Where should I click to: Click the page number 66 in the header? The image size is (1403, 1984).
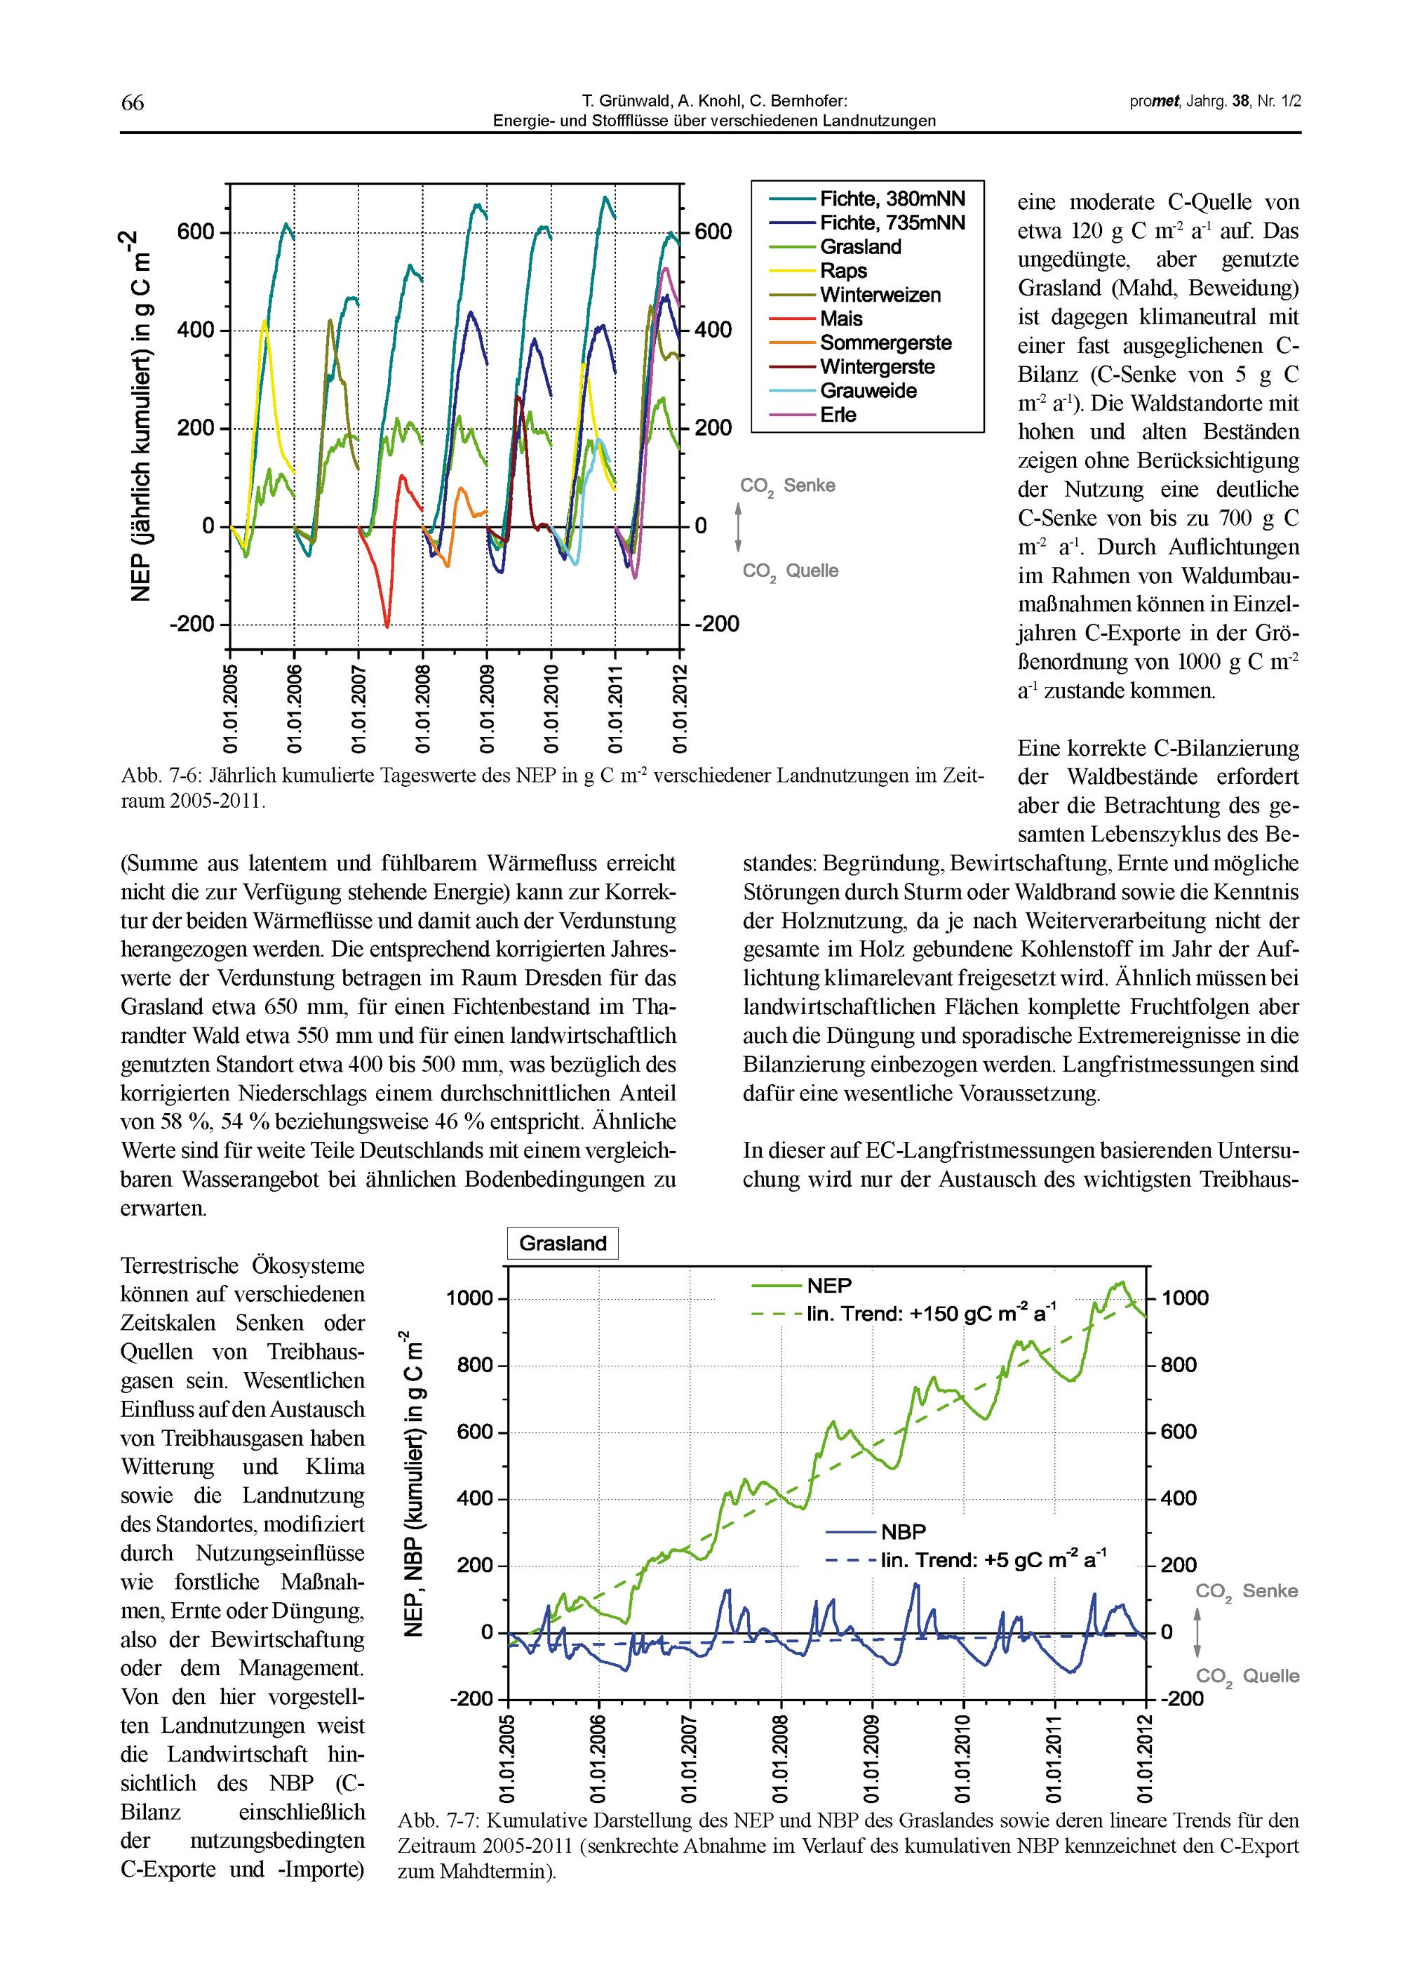coord(132,103)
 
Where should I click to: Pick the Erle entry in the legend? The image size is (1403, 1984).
coord(838,415)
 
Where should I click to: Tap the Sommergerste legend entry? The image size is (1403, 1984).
coord(885,343)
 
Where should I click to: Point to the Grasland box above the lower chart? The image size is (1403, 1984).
coord(563,1244)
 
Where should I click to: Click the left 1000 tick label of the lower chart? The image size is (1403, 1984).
coord(469,1299)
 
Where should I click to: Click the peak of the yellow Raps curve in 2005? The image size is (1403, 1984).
coord(264,321)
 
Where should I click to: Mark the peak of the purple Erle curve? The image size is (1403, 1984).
coord(665,269)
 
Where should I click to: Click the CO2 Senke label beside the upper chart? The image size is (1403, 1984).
coord(787,486)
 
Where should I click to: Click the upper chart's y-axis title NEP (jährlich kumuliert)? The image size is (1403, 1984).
coord(141,415)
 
